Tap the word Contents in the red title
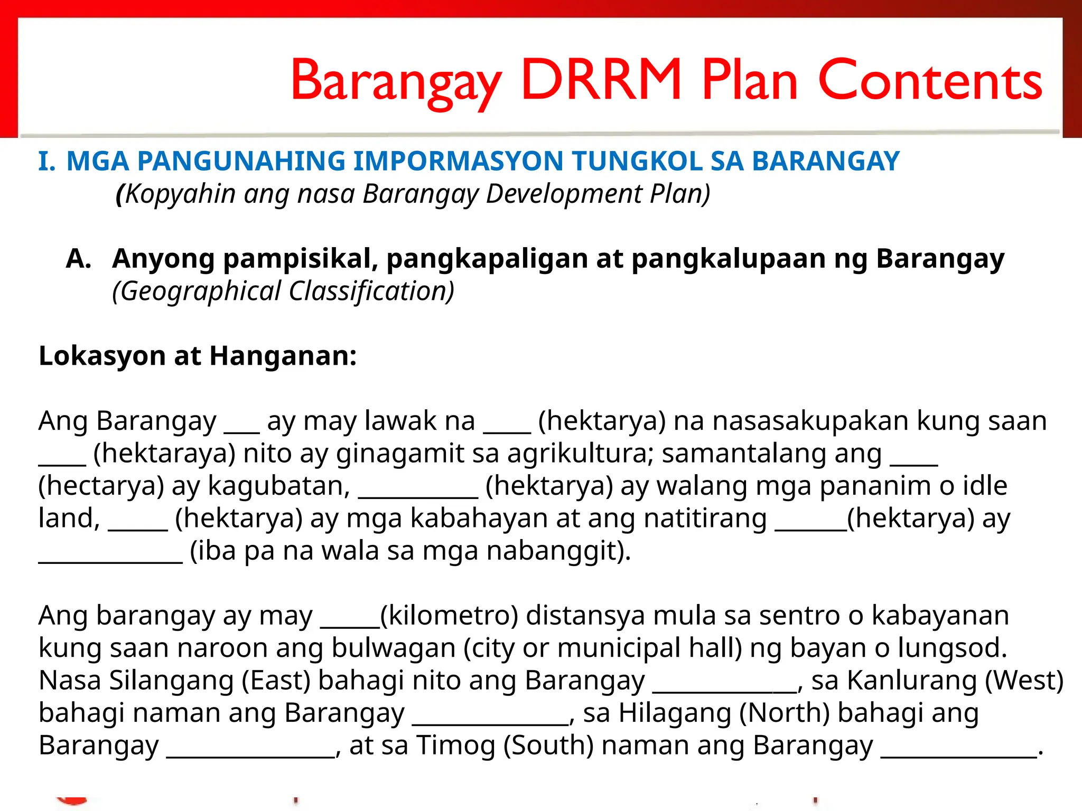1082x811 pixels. [x=930, y=80]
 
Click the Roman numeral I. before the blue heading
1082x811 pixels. [x=46, y=161]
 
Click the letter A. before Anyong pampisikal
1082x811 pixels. [x=78, y=259]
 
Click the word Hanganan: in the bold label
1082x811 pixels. [x=283, y=356]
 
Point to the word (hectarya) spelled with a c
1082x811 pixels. [x=101, y=486]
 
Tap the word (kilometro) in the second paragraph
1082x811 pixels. [x=449, y=616]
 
